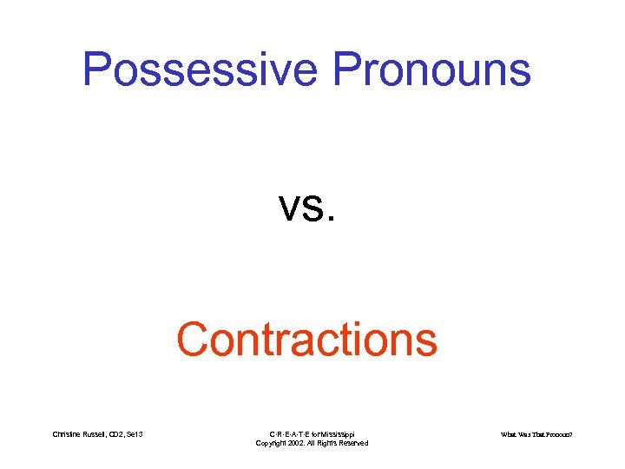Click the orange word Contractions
coord(306,340)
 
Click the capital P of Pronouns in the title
coord(350,69)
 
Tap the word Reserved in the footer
coord(352,443)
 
